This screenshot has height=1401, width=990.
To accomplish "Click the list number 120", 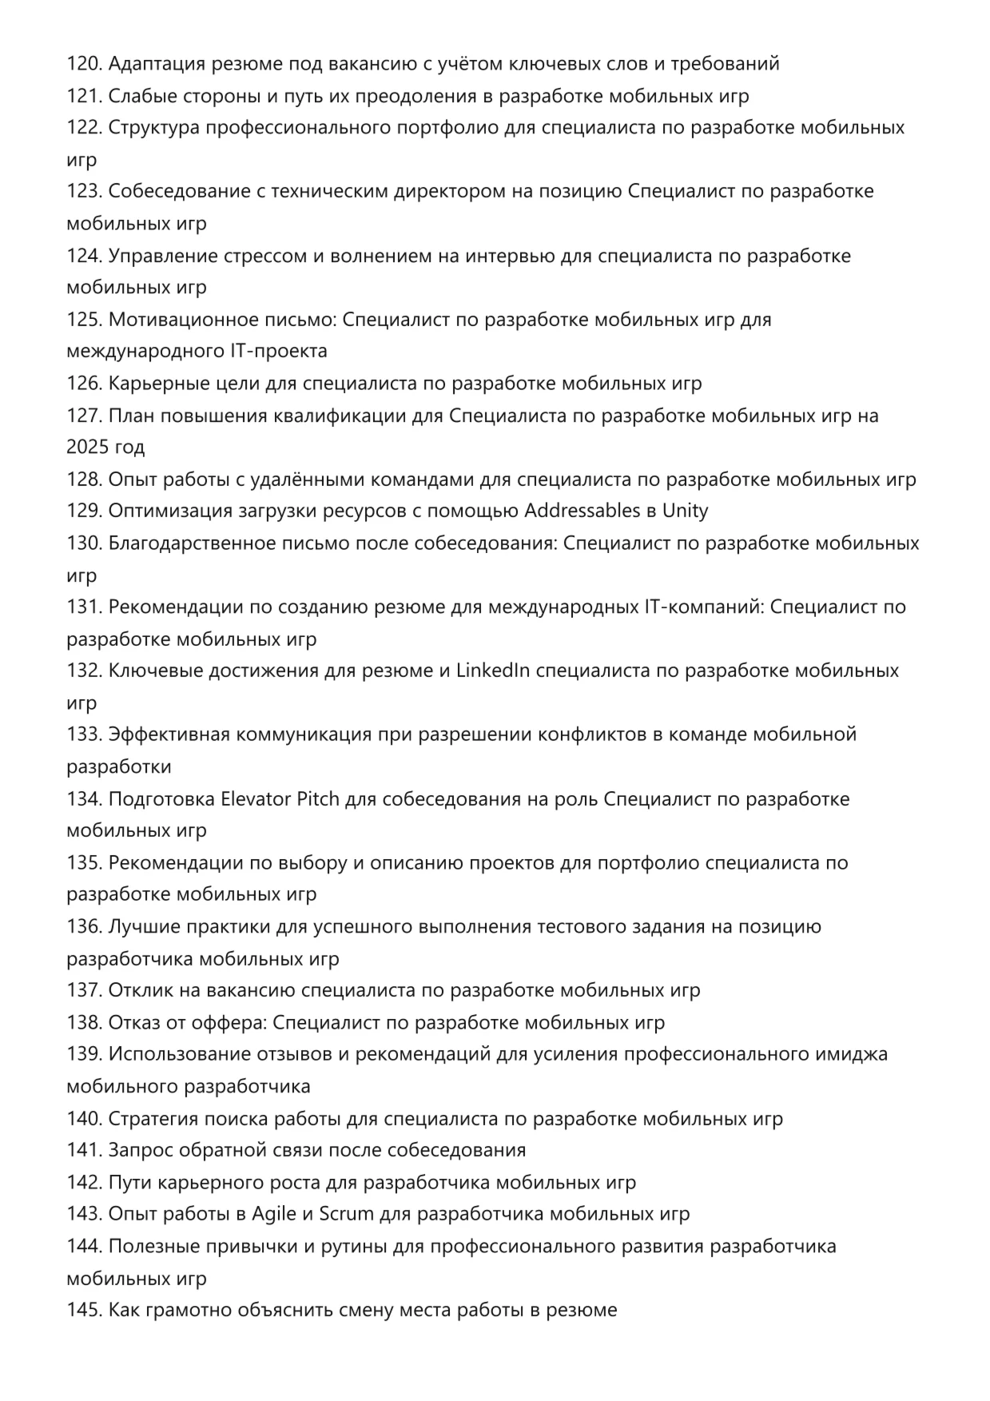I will point(84,64).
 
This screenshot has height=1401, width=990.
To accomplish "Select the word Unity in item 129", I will point(685,511).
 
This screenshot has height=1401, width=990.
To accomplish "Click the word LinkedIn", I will point(493,671).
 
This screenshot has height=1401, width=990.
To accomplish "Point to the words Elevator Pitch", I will point(280,799).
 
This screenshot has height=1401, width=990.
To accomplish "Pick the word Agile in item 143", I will point(274,1214).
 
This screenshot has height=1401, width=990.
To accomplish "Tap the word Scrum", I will point(346,1214).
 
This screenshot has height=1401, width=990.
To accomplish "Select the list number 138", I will point(84,1023).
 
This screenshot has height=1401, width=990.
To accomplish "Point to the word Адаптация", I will point(157,64).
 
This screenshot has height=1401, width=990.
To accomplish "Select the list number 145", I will point(84,1311).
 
